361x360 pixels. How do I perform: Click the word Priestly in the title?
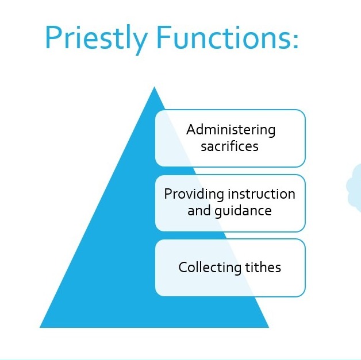(97, 39)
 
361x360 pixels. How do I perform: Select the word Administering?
(231, 130)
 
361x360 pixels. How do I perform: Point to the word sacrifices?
(229, 146)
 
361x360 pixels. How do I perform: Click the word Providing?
(194, 195)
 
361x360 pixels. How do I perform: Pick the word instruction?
(262, 193)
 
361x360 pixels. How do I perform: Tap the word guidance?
(243, 211)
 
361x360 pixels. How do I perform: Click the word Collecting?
(210, 268)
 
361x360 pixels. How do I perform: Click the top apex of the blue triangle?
(154, 87)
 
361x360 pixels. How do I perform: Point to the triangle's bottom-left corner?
(40, 327)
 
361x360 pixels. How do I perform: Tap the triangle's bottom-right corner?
(268, 327)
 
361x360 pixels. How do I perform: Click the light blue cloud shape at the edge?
(355, 187)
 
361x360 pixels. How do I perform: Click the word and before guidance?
(199, 211)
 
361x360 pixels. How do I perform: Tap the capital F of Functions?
(164, 37)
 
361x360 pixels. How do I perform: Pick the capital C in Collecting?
(183, 267)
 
